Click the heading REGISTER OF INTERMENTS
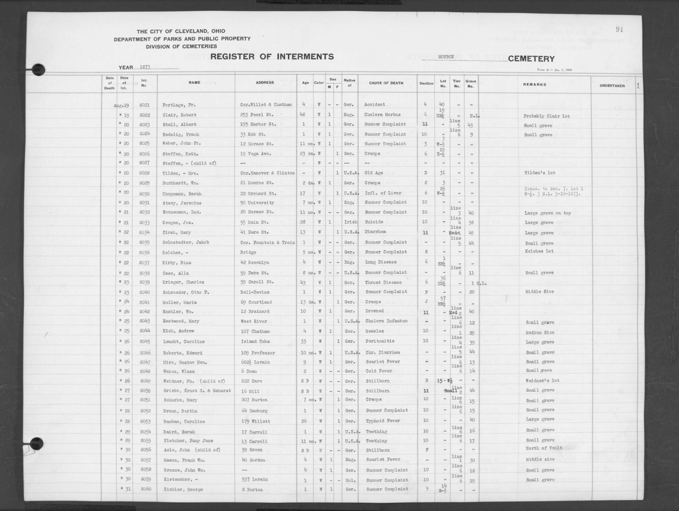272,57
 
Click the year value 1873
145,67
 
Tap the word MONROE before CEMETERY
446,57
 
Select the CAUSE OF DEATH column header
386,83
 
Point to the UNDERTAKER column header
612,86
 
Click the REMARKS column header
535,84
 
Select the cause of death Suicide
374,222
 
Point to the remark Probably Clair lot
546,116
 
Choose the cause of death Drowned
374,311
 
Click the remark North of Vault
544,448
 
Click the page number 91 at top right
619,30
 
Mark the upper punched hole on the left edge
38,70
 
